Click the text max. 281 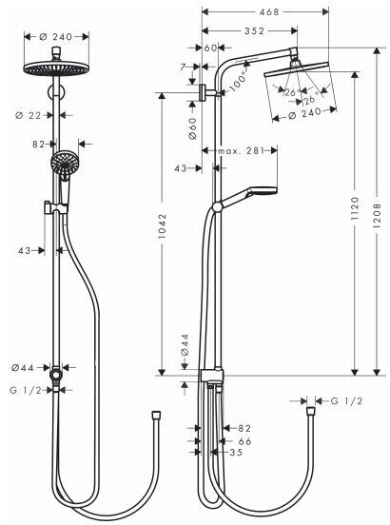click(239, 151)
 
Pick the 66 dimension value click(244, 441)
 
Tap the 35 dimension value click(237, 454)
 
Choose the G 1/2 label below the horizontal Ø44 click(28, 389)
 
